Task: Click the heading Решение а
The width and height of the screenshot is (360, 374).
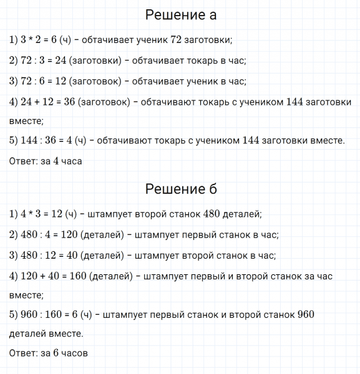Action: pyautogui.click(x=180, y=15)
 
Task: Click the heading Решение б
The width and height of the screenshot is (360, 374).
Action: pyautogui.click(x=180, y=189)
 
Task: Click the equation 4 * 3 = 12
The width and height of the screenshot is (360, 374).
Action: pyautogui.click(x=42, y=214)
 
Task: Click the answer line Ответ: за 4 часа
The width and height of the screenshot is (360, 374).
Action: pyautogui.click(x=46, y=161)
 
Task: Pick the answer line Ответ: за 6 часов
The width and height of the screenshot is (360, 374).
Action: pyautogui.click(x=49, y=353)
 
